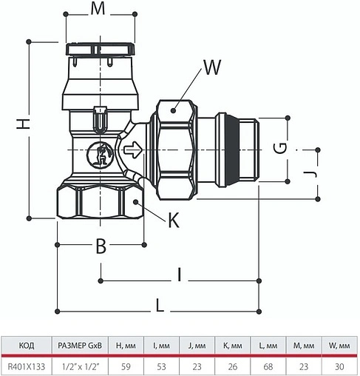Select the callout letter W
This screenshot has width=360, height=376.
tap(212, 69)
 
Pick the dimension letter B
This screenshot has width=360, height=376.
tap(101, 246)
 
